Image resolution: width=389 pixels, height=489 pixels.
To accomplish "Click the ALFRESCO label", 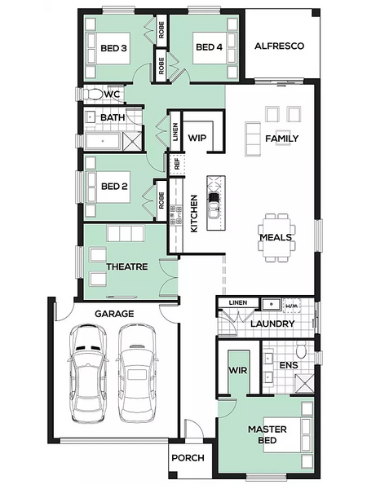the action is click(x=279, y=46).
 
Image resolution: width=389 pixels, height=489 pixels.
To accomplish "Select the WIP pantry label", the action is click(x=197, y=138).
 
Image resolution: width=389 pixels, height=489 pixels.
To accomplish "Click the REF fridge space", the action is click(x=177, y=164).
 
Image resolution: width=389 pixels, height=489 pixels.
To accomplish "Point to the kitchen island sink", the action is click(x=214, y=205).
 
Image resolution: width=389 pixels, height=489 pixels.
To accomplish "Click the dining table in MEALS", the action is click(x=276, y=238).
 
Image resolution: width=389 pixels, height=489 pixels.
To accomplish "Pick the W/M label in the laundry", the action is click(x=291, y=306).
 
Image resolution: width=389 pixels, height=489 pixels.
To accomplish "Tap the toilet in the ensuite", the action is click(x=302, y=350).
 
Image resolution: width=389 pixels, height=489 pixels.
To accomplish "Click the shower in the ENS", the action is click(x=304, y=384).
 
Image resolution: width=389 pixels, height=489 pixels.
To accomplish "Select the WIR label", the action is click(x=238, y=370).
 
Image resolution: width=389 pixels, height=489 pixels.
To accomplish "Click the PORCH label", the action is click(x=188, y=458).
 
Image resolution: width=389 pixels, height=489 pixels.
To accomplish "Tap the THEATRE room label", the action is click(x=127, y=267).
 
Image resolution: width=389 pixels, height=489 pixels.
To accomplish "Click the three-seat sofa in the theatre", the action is click(x=126, y=233).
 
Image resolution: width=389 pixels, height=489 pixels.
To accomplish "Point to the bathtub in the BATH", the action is click(x=103, y=141).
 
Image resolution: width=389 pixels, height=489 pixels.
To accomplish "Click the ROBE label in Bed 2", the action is click(x=161, y=200).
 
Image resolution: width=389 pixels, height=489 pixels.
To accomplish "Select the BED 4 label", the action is click(x=209, y=47).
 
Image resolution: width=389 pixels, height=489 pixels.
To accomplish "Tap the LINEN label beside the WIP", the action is click(x=175, y=131).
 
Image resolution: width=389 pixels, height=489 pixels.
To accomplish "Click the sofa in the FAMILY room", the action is click(x=253, y=139).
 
